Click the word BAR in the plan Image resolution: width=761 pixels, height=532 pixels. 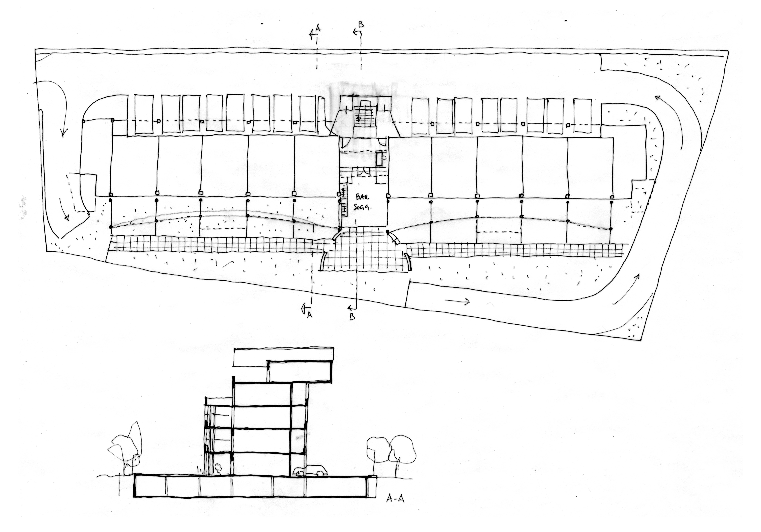pos(363,197)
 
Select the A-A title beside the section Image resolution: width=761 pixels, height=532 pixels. pos(395,508)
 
